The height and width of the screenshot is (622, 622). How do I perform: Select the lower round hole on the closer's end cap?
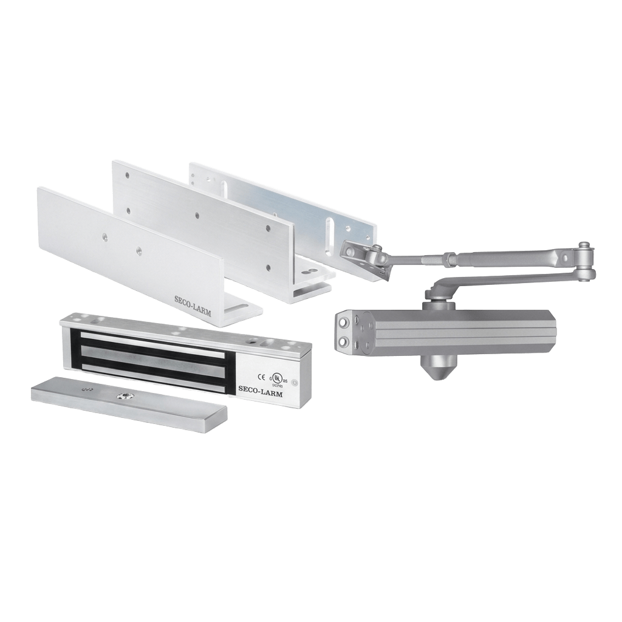[x=345, y=344]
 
